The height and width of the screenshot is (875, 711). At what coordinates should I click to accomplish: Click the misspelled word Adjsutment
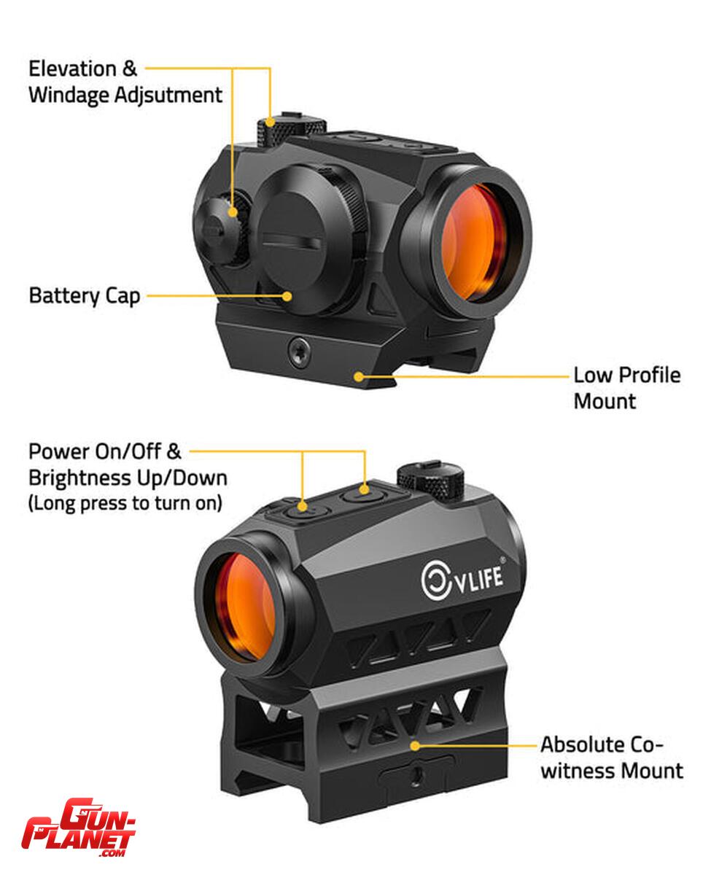tap(168, 96)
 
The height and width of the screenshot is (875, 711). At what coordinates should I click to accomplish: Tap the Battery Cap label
tap(85, 296)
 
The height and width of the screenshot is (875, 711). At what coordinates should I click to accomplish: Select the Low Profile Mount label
tap(626, 388)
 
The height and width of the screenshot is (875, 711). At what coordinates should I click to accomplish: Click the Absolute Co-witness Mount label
tap(612, 757)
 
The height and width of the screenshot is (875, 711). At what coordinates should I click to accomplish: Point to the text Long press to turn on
tap(125, 503)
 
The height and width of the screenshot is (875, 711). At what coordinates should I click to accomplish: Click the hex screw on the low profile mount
tap(298, 351)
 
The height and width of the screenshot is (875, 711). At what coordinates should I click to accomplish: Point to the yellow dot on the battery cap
tap(287, 296)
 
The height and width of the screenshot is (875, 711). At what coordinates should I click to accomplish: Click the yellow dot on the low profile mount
tap(359, 376)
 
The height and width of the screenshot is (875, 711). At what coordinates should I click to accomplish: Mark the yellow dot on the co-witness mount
tap(415, 746)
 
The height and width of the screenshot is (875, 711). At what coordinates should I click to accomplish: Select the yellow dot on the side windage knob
tap(233, 212)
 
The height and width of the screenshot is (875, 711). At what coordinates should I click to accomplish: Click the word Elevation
tap(73, 69)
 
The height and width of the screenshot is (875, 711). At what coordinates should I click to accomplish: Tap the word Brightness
tap(79, 478)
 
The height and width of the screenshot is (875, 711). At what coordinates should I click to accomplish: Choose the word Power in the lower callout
tap(59, 451)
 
